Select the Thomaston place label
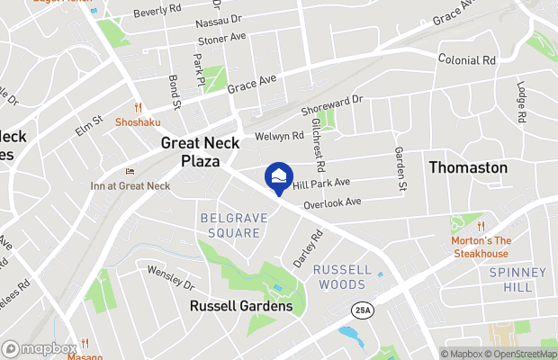pos(467,167)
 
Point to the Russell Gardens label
pos(240,306)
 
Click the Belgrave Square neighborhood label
pos(230,225)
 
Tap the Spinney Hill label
pos(517,280)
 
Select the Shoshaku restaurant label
pos(138,122)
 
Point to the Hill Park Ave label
pos(321,183)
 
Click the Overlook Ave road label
pos(332,203)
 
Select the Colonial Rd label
pos(467,59)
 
